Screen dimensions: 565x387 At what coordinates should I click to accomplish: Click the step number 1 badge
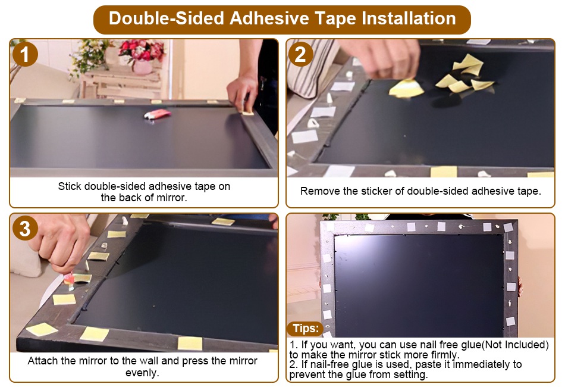[x=25, y=54]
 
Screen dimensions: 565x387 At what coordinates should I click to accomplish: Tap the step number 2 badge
[x=300, y=54]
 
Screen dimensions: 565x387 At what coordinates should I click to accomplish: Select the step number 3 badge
[x=25, y=228]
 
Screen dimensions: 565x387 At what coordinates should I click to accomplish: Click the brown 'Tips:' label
[x=306, y=328]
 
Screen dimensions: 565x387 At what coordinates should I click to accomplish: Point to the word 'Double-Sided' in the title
[x=167, y=18]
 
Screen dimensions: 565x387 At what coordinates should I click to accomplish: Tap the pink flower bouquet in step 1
[x=142, y=51]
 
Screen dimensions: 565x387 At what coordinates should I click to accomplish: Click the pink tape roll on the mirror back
[x=158, y=114]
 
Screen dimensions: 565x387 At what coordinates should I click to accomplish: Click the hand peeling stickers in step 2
[x=382, y=58]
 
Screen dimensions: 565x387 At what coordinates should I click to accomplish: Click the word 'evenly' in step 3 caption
[x=142, y=373]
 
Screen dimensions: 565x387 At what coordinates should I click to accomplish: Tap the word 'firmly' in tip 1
[x=445, y=355]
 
